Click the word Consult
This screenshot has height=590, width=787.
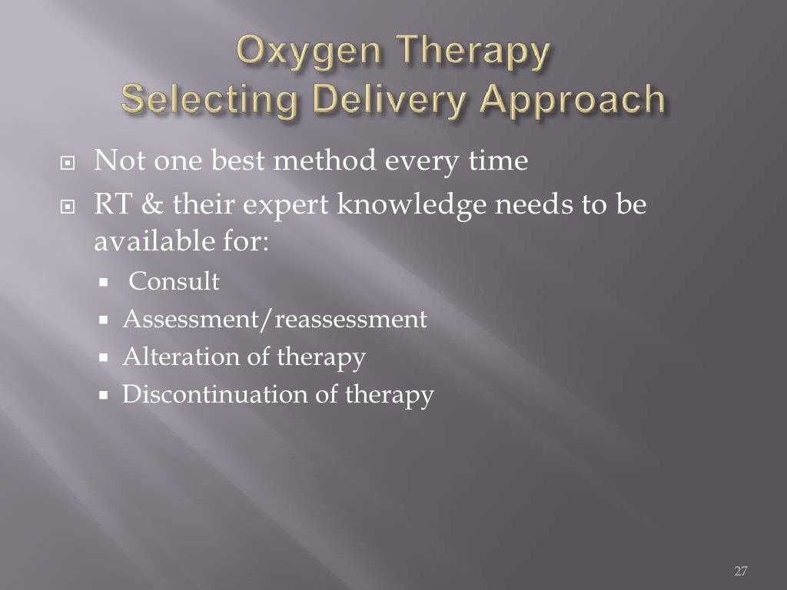(174, 282)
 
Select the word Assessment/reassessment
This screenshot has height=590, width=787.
(274, 320)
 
